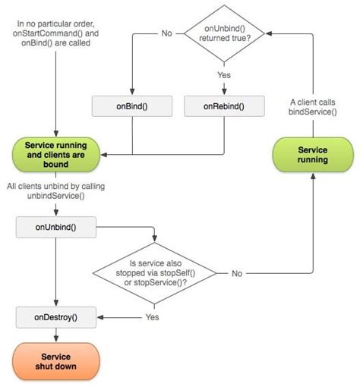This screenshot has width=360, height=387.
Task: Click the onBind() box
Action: pos(134,106)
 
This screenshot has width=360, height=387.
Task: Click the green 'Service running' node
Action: pos(313,155)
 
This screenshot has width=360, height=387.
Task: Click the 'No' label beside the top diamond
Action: pos(166,33)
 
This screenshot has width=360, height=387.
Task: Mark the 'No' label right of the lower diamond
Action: pos(237,272)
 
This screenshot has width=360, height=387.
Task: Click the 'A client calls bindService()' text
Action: pos(313,107)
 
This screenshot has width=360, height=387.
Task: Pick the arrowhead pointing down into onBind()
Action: pos(134,93)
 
